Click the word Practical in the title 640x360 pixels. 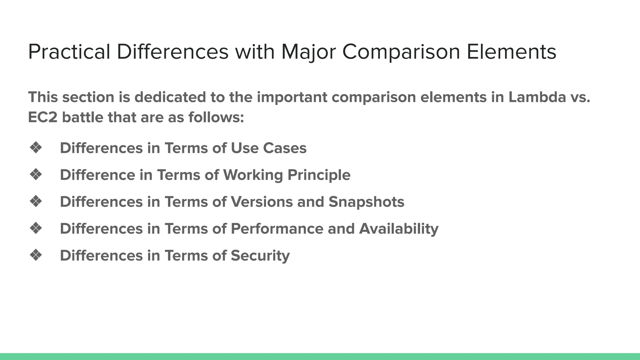click(69, 52)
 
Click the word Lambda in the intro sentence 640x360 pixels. click(537, 97)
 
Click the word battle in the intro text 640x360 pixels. click(82, 118)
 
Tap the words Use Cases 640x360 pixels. click(268, 148)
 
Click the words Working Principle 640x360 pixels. click(287, 175)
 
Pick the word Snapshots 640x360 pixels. click(366, 202)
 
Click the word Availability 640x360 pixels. click(398, 229)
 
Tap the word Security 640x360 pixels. click(260, 256)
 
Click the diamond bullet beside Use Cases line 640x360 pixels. click(36, 148)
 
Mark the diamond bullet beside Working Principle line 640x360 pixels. click(36, 175)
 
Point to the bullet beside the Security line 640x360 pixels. click(36, 255)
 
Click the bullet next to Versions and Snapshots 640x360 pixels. click(36, 202)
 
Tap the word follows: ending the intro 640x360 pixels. click(216, 118)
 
